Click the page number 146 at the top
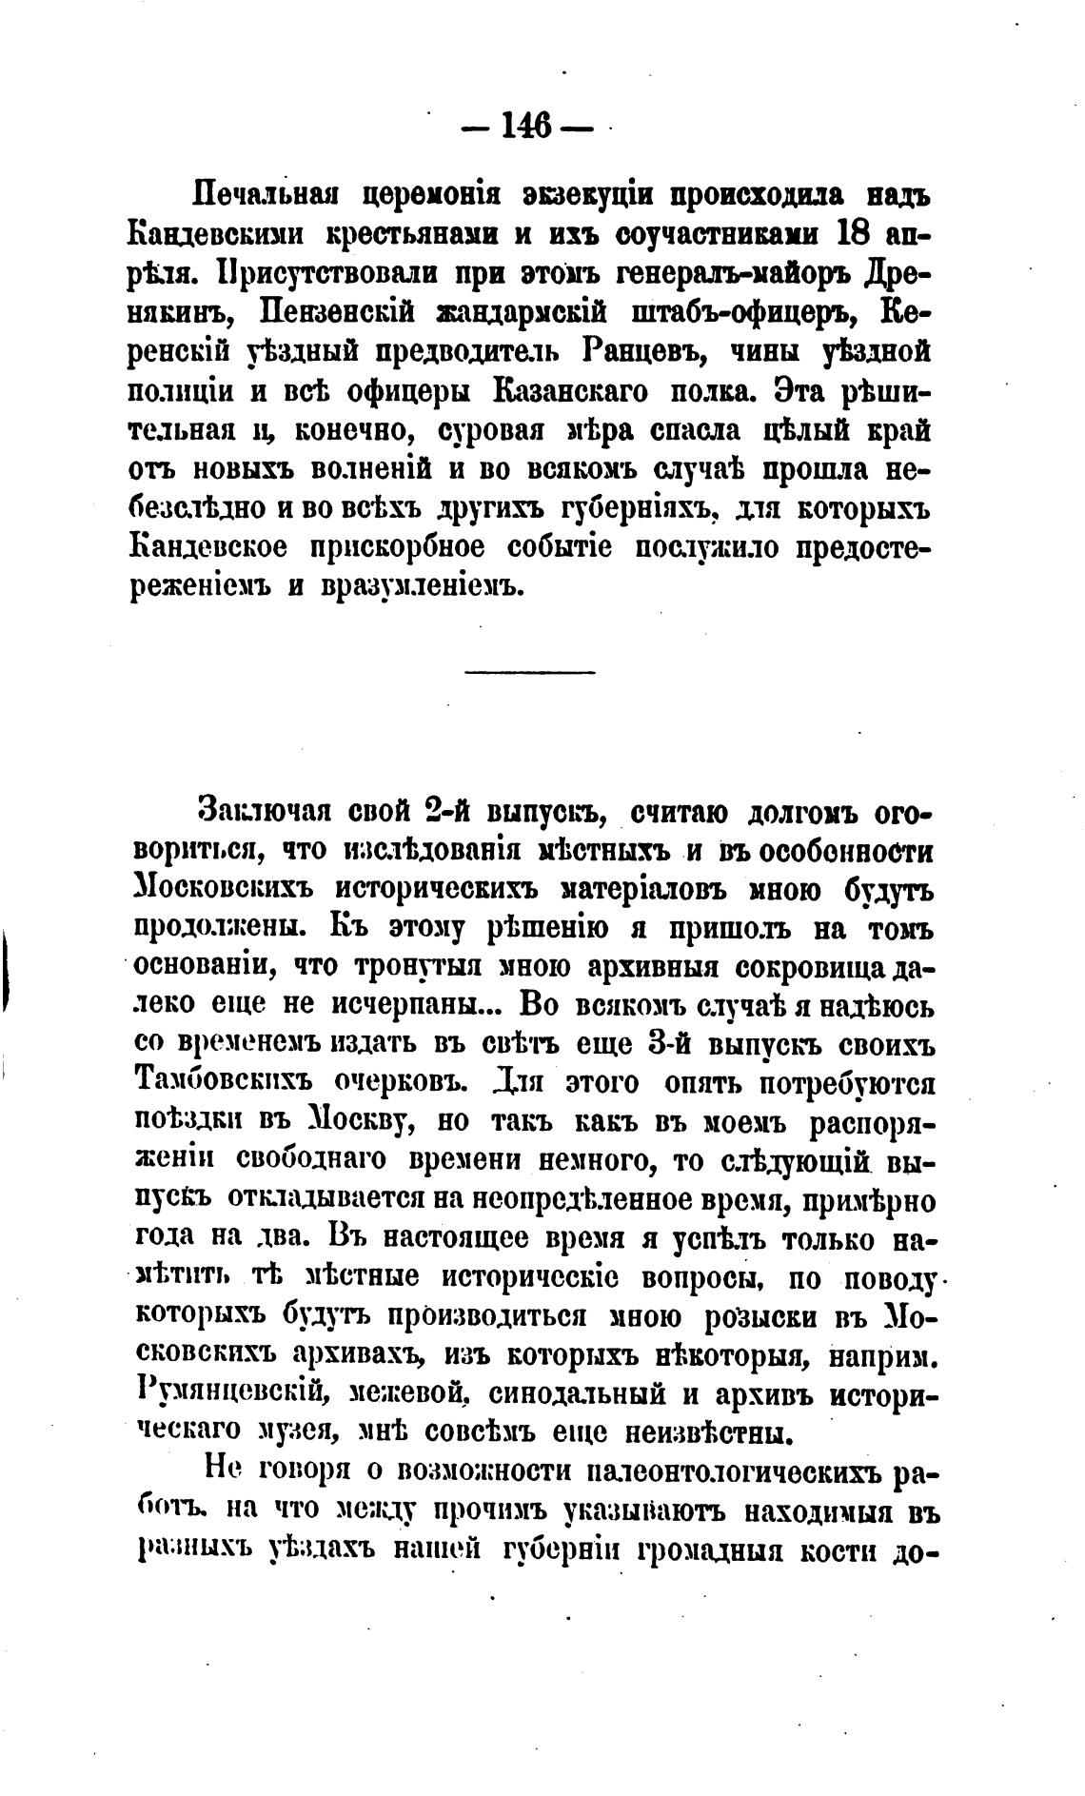(x=525, y=126)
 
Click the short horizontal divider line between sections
(x=529, y=673)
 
